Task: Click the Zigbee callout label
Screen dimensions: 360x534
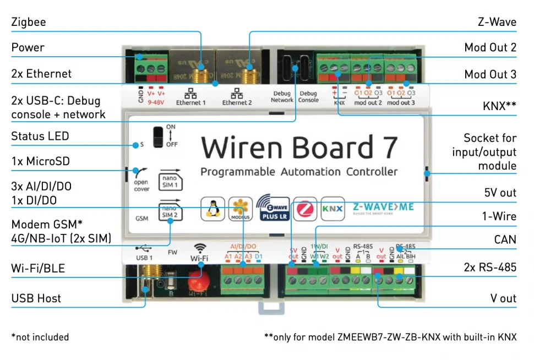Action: [29, 23]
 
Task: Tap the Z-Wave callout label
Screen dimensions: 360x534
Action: [497, 22]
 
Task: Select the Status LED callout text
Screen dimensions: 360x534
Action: [40, 136]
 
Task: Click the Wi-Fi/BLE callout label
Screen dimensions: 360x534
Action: [38, 269]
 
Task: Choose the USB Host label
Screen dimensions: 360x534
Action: [36, 298]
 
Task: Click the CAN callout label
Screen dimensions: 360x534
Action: [505, 239]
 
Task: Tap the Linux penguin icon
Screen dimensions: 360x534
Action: [212, 209]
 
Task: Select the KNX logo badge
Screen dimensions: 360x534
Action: [332, 209]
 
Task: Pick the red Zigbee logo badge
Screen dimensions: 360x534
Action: [304, 209]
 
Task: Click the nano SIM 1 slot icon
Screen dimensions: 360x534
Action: [170, 179]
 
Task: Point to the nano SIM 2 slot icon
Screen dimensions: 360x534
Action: [170, 211]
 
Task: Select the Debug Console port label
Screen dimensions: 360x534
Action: [308, 97]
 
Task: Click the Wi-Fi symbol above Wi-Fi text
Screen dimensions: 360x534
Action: [199, 248]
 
